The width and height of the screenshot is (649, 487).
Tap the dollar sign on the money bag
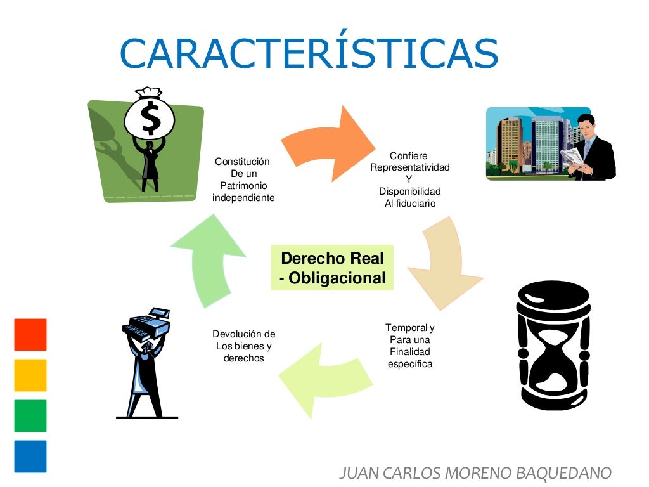(x=151, y=118)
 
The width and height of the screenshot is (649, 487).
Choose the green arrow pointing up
(x=209, y=260)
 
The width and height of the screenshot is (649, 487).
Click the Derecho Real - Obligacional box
(x=332, y=268)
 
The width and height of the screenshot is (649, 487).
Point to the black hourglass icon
(x=553, y=346)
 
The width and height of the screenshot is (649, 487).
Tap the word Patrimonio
(x=243, y=185)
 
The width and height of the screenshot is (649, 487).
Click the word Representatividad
(x=410, y=167)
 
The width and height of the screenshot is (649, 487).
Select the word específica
(x=410, y=364)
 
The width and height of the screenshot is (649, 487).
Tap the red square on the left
(x=30, y=335)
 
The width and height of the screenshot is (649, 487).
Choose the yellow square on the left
(x=30, y=375)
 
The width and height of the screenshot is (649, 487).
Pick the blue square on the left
(x=30, y=457)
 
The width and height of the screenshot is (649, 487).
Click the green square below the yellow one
(x=30, y=416)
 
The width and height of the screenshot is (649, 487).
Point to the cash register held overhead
(x=148, y=323)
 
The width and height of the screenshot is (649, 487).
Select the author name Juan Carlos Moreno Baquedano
(x=475, y=472)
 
